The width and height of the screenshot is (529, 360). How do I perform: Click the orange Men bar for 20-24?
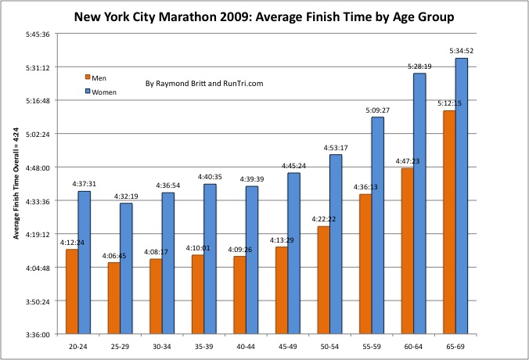pos(72,291)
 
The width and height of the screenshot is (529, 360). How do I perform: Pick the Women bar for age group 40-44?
pos(252,260)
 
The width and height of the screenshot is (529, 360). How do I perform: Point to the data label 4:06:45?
pos(113,255)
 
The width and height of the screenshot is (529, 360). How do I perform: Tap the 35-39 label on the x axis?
pos(198,345)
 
